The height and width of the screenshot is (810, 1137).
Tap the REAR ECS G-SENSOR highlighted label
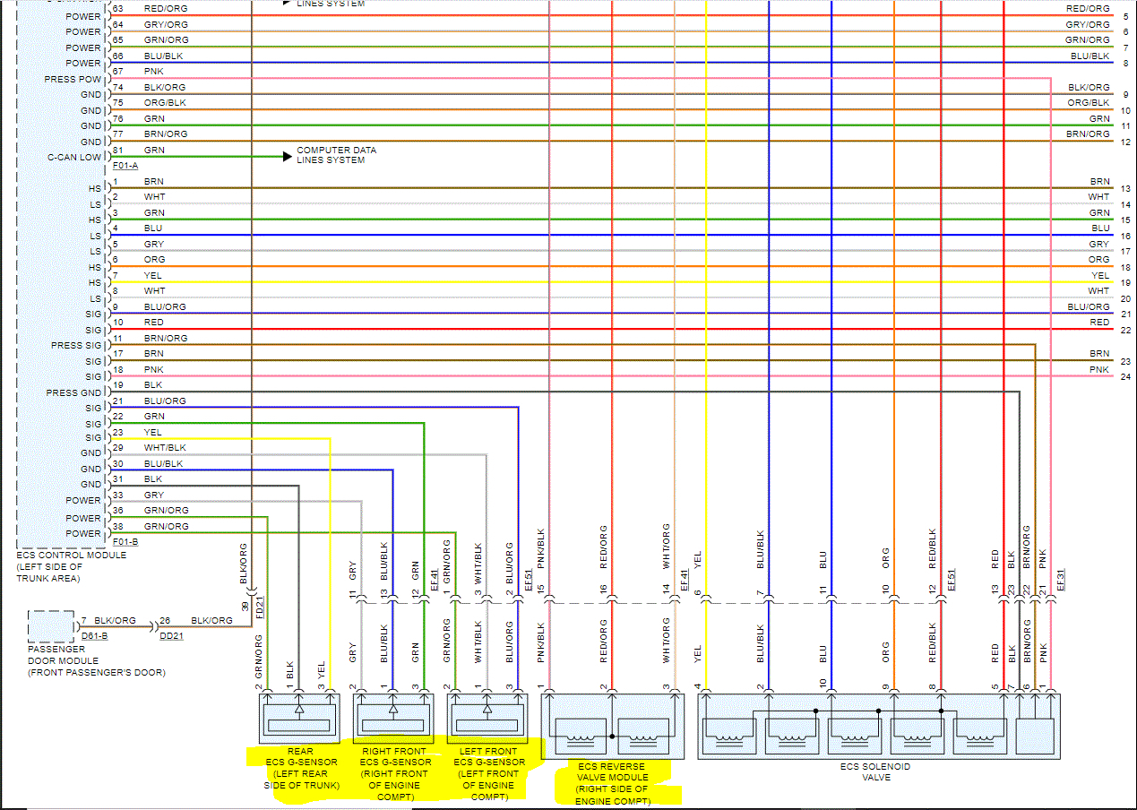click(300, 768)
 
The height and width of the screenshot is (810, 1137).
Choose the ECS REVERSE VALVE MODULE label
click(612, 783)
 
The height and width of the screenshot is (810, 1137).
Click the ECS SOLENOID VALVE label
click(876, 771)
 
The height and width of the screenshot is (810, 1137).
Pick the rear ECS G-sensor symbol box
click(299, 719)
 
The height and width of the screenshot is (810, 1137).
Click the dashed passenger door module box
click(51, 625)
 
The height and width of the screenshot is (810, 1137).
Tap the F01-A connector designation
click(126, 167)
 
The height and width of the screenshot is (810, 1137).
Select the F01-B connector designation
click(126, 542)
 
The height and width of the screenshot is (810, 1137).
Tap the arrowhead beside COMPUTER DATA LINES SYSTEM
click(287, 156)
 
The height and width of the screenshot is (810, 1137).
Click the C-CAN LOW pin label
click(76, 158)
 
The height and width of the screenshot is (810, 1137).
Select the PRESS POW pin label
click(73, 80)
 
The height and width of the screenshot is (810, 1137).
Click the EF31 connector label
click(1060, 581)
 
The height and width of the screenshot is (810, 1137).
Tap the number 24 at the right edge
click(1125, 377)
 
